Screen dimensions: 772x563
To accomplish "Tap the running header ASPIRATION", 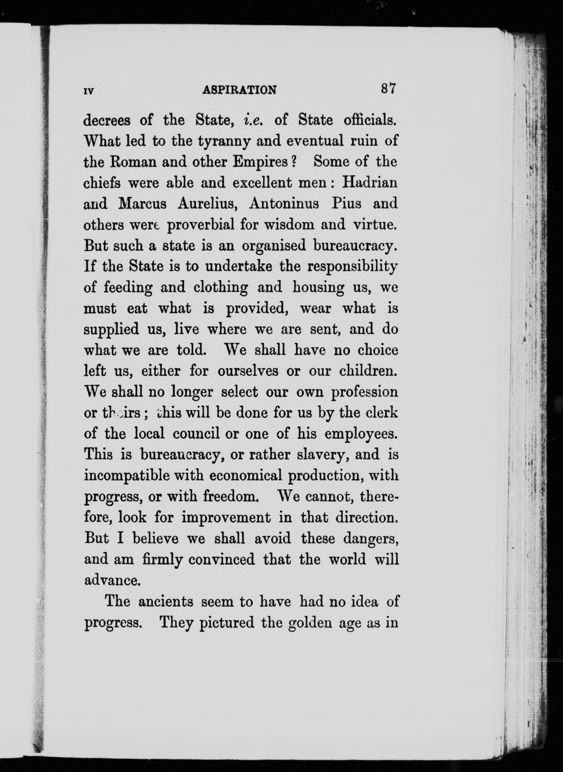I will pos(239,90).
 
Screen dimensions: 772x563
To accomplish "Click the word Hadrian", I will pos(370,183).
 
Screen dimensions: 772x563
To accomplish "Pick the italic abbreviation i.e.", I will pos(253,120).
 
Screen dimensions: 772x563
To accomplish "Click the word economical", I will pos(245,476).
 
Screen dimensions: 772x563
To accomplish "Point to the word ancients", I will pos(166,602).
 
